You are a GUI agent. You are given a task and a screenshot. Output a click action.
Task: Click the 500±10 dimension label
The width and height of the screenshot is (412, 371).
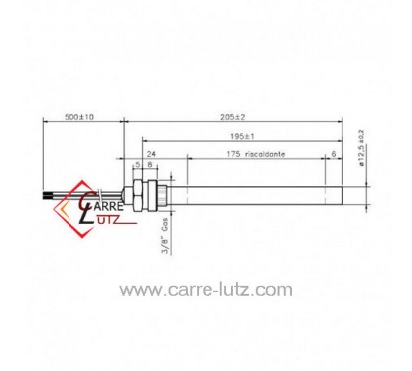pos(79,117)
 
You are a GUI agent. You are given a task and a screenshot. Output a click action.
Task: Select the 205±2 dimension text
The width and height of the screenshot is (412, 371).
pos(233,117)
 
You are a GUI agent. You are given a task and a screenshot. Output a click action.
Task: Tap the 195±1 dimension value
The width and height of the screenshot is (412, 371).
pos(242,136)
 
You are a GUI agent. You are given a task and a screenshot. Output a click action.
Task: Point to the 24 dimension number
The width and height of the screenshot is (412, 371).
pos(151,154)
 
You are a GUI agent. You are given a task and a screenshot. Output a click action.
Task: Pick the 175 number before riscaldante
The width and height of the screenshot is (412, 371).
pos(233,154)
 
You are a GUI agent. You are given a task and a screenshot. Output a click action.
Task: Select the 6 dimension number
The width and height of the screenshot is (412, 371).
pos(334,154)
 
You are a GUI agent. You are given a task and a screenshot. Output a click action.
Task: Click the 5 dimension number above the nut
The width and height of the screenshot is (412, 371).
pos(138,165)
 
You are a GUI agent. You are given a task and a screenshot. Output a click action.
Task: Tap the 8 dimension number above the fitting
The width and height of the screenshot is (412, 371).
pos(150,165)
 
